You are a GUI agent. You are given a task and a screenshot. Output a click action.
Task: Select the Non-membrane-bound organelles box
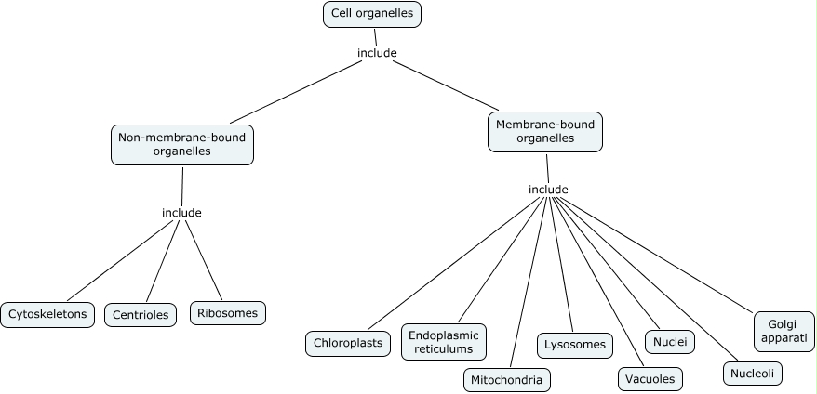(182, 145)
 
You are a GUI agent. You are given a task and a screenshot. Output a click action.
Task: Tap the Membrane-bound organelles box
(545, 132)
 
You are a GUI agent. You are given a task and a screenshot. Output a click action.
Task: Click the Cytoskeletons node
(47, 314)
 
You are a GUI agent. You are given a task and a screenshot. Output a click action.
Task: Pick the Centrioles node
(141, 315)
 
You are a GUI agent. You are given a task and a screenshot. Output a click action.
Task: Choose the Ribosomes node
(228, 313)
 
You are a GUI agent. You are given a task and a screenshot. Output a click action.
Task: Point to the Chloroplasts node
(349, 343)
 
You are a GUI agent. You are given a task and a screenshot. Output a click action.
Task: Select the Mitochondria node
(507, 379)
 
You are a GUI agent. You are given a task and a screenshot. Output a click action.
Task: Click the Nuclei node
(670, 342)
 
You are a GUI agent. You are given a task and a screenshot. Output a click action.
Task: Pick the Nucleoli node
(753, 374)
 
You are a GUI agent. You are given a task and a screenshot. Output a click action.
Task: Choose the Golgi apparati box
(784, 331)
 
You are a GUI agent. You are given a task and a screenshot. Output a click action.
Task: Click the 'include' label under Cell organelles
(377, 53)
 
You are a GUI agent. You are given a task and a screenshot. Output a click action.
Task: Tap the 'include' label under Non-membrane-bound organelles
(181, 213)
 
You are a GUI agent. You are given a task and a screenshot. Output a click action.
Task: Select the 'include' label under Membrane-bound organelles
(548, 190)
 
